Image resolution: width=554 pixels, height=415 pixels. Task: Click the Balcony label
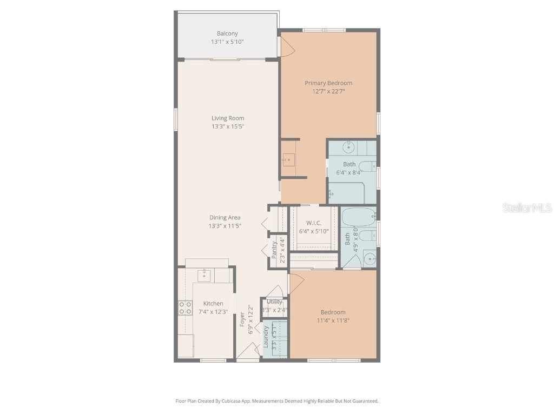pyautogui.click(x=227, y=34)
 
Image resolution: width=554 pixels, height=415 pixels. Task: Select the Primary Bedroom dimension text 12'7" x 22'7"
pyautogui.click(x=328, y=91)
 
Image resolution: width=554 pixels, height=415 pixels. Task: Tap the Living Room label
pyautogui.click(x=228, y=118)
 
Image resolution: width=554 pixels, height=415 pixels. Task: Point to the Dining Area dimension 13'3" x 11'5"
pyautogui.click(x=226, y=226)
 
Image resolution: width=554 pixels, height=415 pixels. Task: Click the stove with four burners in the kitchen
pyautogui.click(x=185, y=308)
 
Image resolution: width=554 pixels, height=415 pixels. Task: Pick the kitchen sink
pyautogui.click(x=204, y=275)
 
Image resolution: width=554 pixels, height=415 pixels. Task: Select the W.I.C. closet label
pyautogui.click(x=314, y=223)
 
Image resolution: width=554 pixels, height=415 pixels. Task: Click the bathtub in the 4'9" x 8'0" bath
pyautogui.click(x=358, y=217)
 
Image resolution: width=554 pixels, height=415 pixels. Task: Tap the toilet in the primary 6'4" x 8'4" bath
pyautogui.click(x=367, y=166)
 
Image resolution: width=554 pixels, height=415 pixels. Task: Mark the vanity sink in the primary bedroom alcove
pyautogui.click(x=288, y=159)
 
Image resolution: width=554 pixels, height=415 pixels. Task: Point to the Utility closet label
pyautogui.click(x=274, y=302)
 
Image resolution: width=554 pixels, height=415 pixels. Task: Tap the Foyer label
pyautogui.click(x=242, y=319)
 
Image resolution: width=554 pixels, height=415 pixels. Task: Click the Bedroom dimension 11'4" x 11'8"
pyautogui.click(x=333, y=320)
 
